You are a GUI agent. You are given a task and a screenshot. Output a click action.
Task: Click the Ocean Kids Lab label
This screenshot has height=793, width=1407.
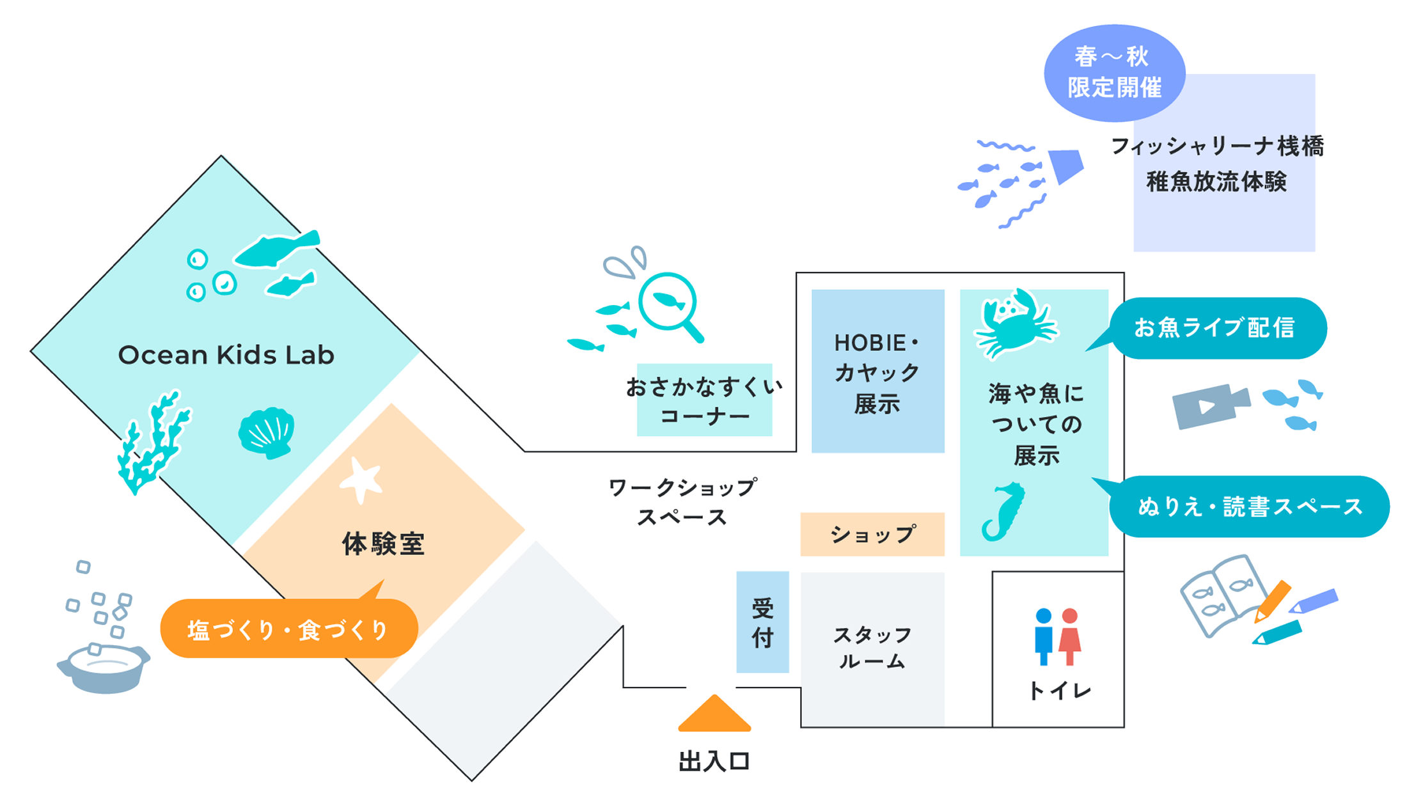226,355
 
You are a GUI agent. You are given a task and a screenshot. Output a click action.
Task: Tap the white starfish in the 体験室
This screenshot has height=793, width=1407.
361,480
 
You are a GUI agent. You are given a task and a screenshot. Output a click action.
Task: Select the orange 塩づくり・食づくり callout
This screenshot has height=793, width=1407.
288,629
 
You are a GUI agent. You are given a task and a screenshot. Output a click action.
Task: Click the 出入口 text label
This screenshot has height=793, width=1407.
714,761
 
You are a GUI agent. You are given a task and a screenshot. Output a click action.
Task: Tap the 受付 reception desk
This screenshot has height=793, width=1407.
762,622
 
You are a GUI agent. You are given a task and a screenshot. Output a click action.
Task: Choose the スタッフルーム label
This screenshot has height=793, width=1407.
872,647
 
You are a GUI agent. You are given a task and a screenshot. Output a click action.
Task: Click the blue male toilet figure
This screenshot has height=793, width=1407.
1043,636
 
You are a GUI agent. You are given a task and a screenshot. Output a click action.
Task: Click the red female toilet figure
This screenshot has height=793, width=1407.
1069,636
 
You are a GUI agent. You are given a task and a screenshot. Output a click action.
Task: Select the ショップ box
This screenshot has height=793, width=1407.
872,534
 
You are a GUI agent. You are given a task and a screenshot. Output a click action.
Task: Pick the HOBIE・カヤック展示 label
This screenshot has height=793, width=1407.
877,373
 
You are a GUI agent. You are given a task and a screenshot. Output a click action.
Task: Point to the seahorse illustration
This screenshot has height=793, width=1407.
1004,512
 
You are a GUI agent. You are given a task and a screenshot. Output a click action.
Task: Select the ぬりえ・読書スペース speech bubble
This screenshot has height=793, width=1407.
1250,506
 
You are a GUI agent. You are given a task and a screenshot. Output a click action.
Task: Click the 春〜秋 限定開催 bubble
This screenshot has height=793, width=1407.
1114,72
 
